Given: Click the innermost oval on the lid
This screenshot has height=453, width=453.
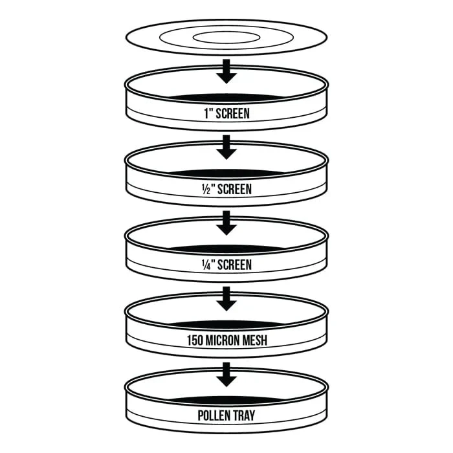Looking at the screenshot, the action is pyautogui.click(x=226, y=32).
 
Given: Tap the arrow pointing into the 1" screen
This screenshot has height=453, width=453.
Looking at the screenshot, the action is pyautogui.click(x=226, y=71).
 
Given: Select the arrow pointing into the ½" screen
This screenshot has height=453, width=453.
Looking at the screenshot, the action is pyautogui.click(x=226, y=147).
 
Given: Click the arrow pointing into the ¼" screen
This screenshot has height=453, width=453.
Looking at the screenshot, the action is pyautogui.click(x=226, y=223).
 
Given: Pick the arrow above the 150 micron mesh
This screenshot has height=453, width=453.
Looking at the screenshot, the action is pyautogui.click(x=226, y=299).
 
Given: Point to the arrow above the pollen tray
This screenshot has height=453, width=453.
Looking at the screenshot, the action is pyautogui.click(x=226, y=375).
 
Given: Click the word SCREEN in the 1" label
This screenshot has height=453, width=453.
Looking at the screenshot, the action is pyautogui.click(x=232, y=113).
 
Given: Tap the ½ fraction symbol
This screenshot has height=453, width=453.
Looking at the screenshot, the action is pyautogui.click(x=206, y=189).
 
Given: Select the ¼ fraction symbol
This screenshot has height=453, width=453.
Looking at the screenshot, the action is pyautogui.click(x=206, y=265).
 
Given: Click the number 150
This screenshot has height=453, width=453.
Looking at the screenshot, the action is pyautogui.click(x=195, y=340).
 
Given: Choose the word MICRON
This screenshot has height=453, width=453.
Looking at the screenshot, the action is pyautogui.click(x=222, y=340).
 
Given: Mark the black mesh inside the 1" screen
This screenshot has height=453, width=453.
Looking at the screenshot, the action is pyautogui.click(x=226, y=98).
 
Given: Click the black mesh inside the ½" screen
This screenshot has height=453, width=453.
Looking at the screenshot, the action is pyautogui.click(x=226, y=173).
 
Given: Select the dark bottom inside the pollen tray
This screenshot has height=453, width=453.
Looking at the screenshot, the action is pyautogui.click(x=226, y=401).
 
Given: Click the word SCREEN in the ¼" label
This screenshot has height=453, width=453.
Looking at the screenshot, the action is pyautogui.click(x=234, y=265).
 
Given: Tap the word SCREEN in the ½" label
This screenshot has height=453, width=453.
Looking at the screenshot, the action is pyautogui.click(x=234, y=189).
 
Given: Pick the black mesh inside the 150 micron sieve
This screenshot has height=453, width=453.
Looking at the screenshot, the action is pyautogui.click(x=226, y=325).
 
